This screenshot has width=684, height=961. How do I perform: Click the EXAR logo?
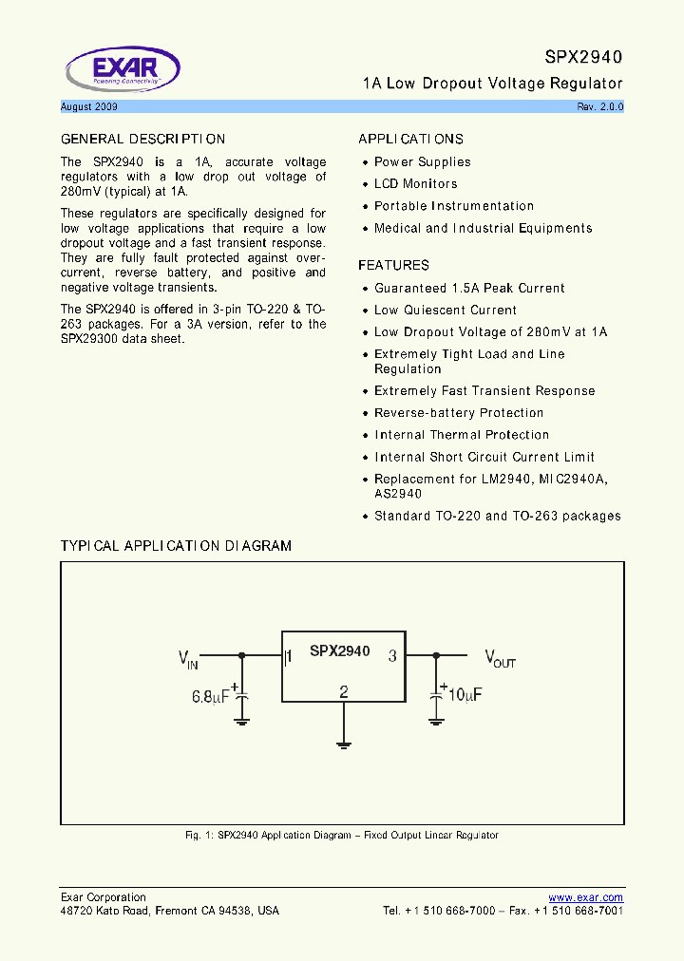122,69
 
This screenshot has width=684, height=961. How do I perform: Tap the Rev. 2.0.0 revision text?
599,107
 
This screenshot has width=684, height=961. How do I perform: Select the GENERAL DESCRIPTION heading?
142,140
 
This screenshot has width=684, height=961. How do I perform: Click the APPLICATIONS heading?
410,140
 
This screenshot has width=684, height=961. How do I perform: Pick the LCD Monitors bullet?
415,184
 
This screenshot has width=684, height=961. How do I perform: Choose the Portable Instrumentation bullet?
453,206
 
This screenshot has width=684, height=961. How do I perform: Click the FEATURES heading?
393,266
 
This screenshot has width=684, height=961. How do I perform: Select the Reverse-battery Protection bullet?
459,413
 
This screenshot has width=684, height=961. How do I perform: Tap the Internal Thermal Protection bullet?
462,435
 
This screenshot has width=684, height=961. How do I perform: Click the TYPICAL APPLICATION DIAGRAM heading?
176,546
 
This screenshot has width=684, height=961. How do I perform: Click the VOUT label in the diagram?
500,658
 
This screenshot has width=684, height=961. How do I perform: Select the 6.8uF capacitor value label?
212,696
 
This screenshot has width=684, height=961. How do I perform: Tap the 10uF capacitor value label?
465,695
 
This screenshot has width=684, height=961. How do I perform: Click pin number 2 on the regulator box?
344,691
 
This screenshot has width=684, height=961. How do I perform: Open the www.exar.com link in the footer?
585,897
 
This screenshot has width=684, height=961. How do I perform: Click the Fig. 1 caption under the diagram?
342,836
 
